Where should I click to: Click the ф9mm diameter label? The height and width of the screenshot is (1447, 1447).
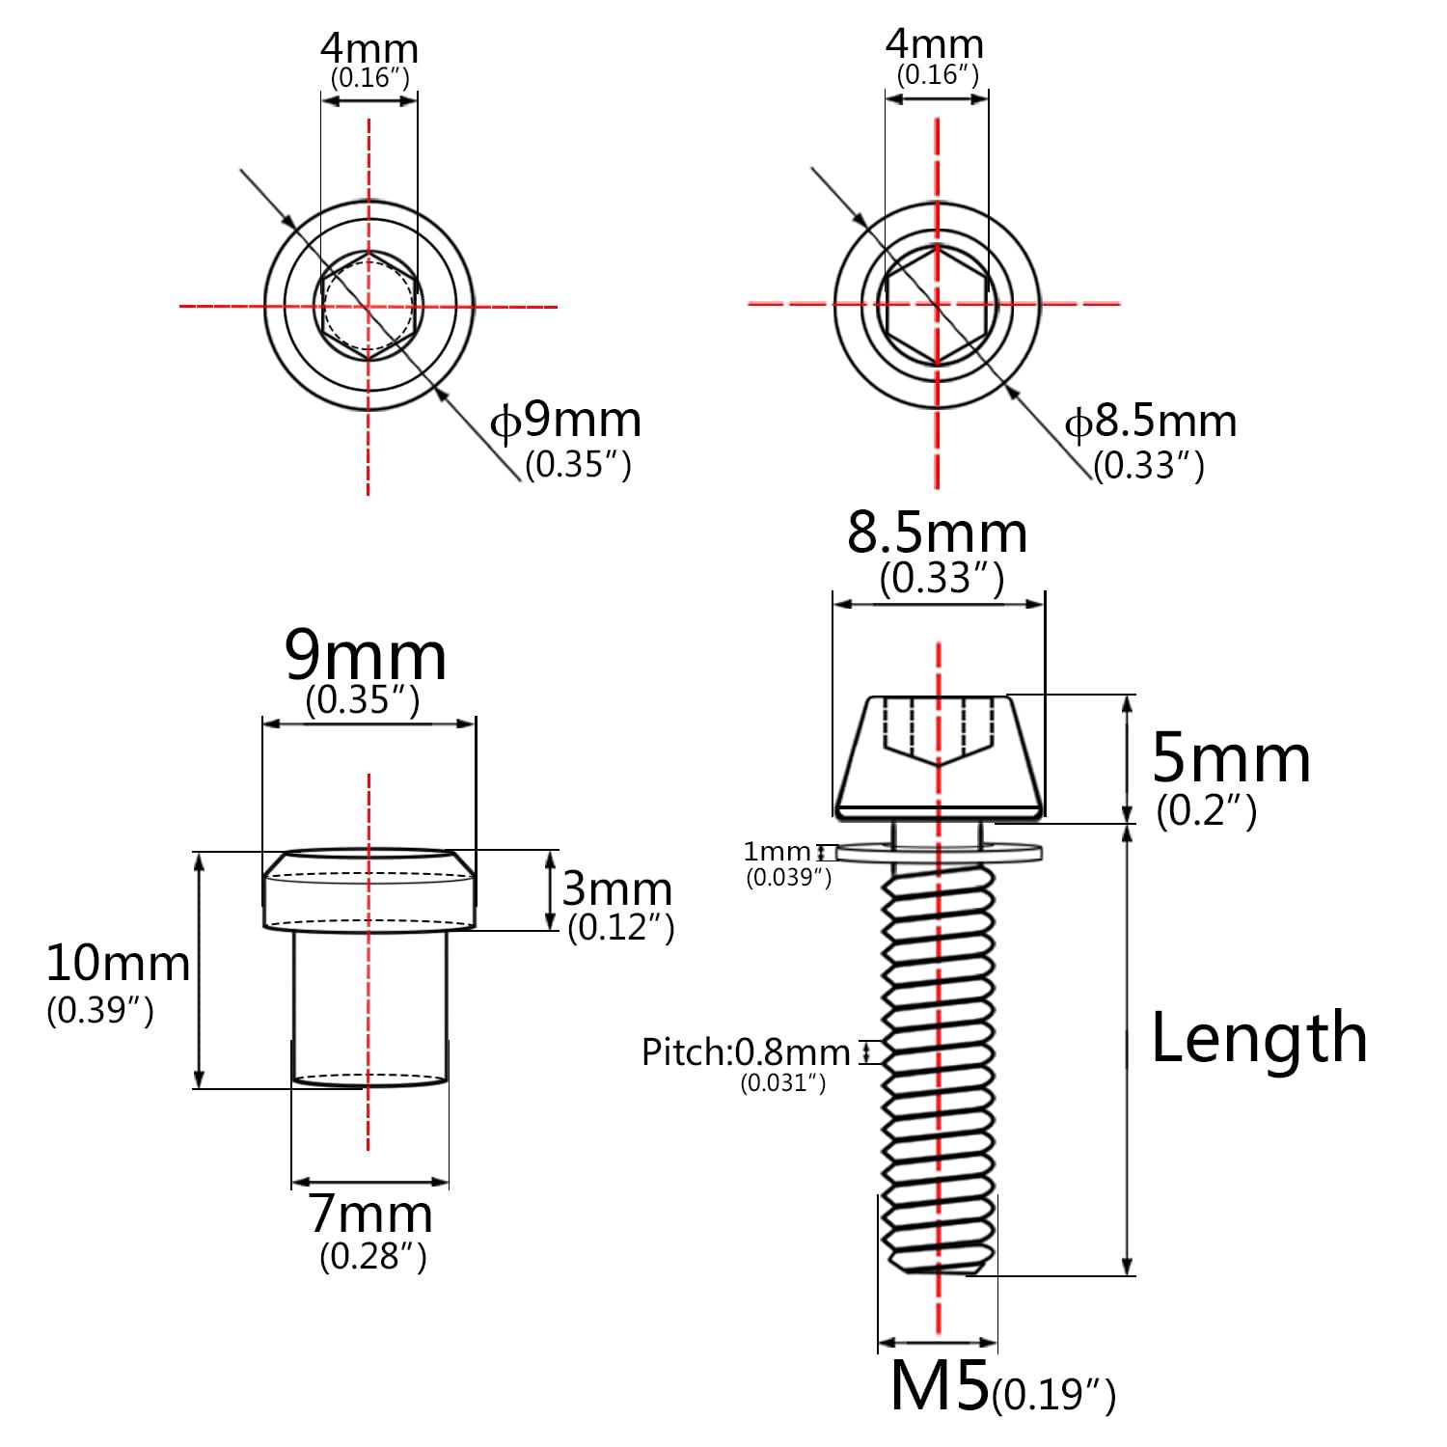(566, 421)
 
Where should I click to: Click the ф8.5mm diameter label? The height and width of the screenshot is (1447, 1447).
(1150, 422)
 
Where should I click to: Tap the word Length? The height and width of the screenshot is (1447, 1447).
(1259, 1038)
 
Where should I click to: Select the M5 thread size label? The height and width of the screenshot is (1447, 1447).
(940, 1385)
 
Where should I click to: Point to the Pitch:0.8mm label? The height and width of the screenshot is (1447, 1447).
(746, 1052)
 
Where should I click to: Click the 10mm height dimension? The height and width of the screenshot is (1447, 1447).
(118, 964)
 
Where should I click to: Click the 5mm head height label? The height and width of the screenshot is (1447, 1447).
(1232, 759)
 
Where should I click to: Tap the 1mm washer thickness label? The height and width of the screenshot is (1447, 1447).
(777, 852)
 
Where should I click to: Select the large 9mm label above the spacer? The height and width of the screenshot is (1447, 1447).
(366, 657)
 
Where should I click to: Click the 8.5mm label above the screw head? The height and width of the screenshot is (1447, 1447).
(937, 533)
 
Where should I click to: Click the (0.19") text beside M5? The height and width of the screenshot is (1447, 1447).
(1053, 1394)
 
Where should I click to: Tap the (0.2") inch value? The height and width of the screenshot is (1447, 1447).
(1207, 811)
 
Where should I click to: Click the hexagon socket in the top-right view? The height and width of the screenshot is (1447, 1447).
(937, 304)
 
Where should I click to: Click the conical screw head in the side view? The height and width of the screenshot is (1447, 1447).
(939, 757)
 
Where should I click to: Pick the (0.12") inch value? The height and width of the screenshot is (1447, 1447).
(620, 927)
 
